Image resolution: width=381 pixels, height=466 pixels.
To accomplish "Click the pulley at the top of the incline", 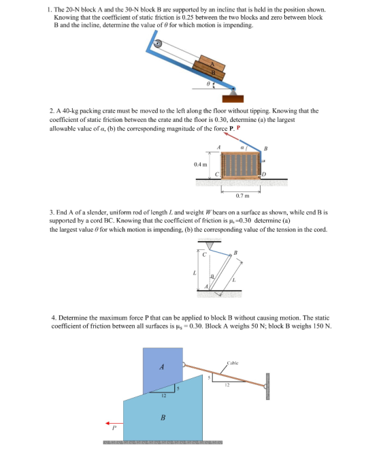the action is click(x=157, y=44).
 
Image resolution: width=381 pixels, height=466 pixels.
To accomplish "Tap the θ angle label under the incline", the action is click(x=208, y=84).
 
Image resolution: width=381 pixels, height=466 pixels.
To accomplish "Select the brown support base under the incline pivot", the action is click(x=233, y=99).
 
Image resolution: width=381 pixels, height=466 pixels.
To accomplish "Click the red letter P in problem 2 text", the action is click(x=238, y=128).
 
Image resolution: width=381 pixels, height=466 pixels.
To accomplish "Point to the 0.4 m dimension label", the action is click(x=201, y=164).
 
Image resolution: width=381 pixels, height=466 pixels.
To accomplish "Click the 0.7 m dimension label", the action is click(x=242, y=196).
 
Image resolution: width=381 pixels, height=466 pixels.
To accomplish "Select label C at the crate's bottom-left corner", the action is click(x=217, y=174).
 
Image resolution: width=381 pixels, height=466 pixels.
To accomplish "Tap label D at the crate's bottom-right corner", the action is click(x=264, y=174).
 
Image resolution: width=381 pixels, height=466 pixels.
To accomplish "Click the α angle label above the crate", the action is click(x=242, y=147).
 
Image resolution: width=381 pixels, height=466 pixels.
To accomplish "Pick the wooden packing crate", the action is click(x=241, y=166).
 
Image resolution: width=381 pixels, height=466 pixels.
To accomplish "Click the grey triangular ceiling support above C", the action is click(x=210, y=246).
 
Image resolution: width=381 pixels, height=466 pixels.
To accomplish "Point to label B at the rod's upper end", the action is click(x=235, y=253).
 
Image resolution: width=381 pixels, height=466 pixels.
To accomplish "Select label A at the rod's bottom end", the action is click(x=206, y=286).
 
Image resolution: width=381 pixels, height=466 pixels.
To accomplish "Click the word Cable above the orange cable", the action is click(x=233, y=362).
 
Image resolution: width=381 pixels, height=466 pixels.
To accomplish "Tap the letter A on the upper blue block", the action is click(x=162, y=367).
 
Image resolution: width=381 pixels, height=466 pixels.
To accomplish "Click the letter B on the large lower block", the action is click(x=163, y=418).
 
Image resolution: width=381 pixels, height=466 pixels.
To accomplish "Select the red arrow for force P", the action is click(x=114, y=423).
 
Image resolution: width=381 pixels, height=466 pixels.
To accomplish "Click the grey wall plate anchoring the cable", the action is click(x=267, y=386).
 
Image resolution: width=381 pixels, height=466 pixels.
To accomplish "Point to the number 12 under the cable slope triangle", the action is click(x=227, y=385).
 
